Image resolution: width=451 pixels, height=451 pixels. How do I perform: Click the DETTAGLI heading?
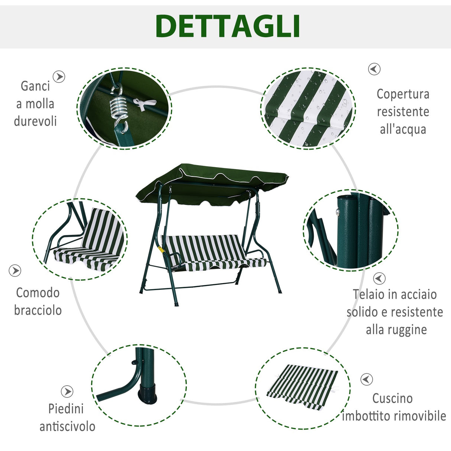pyautogui.click(x=228, y=26)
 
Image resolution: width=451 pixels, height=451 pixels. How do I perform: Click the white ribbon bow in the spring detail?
pyautogui.click(x=143, y=104)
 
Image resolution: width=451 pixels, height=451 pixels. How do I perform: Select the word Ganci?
pyautogui.click(x=35, y=86)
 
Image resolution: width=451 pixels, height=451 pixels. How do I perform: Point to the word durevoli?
pyautogui.click(x=35, y=121)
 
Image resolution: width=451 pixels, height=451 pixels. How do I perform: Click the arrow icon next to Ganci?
pyautogui.click(x=59, y=77)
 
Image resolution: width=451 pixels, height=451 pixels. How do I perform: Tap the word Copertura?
pyautogui.click(x=403, y=94)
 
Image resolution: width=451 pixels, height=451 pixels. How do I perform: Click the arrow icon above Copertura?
pyautogui.click(x=374, y=69)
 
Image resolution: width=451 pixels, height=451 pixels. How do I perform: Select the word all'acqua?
pyautogui.click(x=403, y=129)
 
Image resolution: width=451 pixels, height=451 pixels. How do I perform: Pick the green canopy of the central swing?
pyautogui.click(x=212, y=182)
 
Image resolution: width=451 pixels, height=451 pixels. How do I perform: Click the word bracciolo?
pyautogui.click(x=38, y=310)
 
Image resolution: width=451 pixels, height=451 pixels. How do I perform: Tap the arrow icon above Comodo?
pyautogui.click(x=15, y=271)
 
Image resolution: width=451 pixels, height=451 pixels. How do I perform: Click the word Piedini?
pyautogui.click(x=66, y=409)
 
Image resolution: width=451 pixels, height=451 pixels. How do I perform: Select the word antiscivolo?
pyautogui.click(x=67, y=426)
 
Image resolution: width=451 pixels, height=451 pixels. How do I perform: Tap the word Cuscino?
pyautogui.click(x=392, y=398)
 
